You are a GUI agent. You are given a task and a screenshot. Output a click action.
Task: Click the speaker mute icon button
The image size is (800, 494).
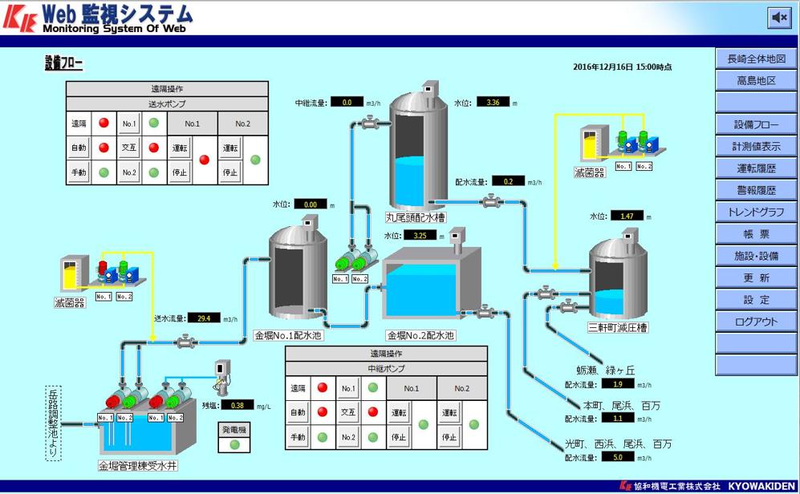coord(778,17)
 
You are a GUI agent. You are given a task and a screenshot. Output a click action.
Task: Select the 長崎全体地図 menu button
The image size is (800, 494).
coord(756,59)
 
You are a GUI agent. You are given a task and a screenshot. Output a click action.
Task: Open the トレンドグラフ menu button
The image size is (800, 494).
coord(756,213)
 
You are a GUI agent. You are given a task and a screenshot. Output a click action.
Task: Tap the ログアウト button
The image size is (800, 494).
coord(756,322)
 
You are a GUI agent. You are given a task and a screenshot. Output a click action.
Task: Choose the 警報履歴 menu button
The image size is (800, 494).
coord(756,191)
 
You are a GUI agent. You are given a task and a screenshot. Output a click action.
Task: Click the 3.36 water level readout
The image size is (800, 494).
coord(493,102)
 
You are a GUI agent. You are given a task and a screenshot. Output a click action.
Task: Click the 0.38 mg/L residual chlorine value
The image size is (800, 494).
coord(237,405)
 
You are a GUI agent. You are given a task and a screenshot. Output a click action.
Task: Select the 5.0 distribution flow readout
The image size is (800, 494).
coord(617,457)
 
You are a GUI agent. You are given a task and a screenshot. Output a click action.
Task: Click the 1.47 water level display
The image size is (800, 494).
coord(627,216)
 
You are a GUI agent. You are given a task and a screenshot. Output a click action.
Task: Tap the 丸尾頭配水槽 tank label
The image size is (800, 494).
coord(415,217)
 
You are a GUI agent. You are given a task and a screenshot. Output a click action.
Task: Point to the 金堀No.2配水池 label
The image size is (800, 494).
coord(420,336)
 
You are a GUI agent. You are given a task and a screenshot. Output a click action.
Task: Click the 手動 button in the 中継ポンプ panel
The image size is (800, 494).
coord(298,437)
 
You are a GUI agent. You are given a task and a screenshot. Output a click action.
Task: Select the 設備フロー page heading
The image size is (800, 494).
coord(63,64)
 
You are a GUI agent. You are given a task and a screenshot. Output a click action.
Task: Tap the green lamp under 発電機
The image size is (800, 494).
coord(235,444)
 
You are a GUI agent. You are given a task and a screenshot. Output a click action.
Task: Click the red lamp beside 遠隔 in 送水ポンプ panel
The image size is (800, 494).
coord(104,123)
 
